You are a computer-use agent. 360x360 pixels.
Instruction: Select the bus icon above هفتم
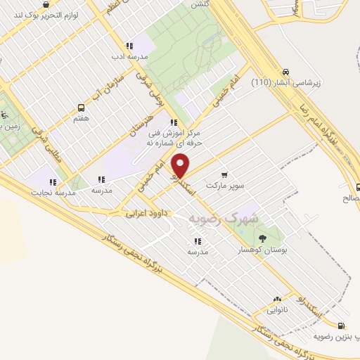click(81, 108)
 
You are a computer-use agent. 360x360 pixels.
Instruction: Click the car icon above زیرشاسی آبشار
click(286, 72)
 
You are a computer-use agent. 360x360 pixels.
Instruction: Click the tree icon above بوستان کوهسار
click(263, 238)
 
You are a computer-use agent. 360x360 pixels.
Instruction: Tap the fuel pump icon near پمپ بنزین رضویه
click(341, 326)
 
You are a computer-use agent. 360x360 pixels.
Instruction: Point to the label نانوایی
click(277, 309)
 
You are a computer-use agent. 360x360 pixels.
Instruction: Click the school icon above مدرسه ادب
click(128, 45)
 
